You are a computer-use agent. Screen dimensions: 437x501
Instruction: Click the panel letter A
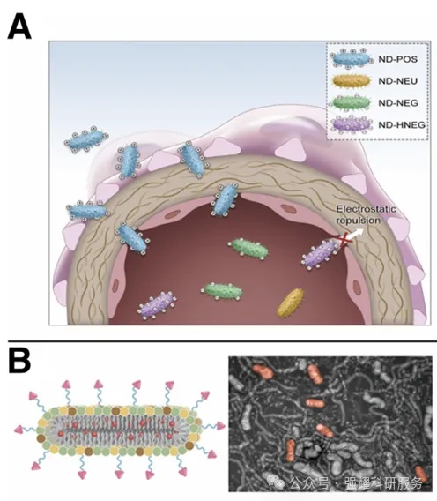(19, 26)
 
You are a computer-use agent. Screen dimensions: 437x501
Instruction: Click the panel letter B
(19, 361)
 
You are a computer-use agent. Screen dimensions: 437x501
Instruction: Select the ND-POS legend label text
(397, 59)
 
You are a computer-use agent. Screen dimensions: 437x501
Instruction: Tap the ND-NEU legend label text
(397, 81)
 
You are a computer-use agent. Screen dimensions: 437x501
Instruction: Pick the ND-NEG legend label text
(398, 103)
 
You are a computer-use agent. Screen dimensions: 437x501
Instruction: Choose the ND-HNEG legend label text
(402, 124)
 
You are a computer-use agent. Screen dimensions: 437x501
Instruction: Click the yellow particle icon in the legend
(352, 81)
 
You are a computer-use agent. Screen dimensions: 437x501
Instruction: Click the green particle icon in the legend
(352, 103)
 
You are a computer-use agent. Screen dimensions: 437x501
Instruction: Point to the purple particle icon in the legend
(352, 124)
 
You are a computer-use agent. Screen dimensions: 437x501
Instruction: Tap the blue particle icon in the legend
(352, 59)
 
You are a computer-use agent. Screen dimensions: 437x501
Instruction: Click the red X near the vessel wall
(344, 240)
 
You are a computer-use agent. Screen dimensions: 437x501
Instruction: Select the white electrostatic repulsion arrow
(355, 235)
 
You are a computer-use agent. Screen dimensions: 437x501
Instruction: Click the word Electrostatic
(366, 209)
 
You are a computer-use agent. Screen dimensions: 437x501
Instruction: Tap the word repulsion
(359, 221)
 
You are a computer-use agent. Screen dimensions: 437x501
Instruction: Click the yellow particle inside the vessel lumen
(291, 303)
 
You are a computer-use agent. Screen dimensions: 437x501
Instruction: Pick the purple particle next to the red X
(320, 254)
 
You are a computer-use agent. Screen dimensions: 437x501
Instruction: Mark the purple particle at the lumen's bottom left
(158, 305)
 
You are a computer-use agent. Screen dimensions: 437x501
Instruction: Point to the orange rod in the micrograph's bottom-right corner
(421, 475)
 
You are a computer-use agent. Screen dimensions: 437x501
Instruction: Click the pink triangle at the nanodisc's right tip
(220, 426)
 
